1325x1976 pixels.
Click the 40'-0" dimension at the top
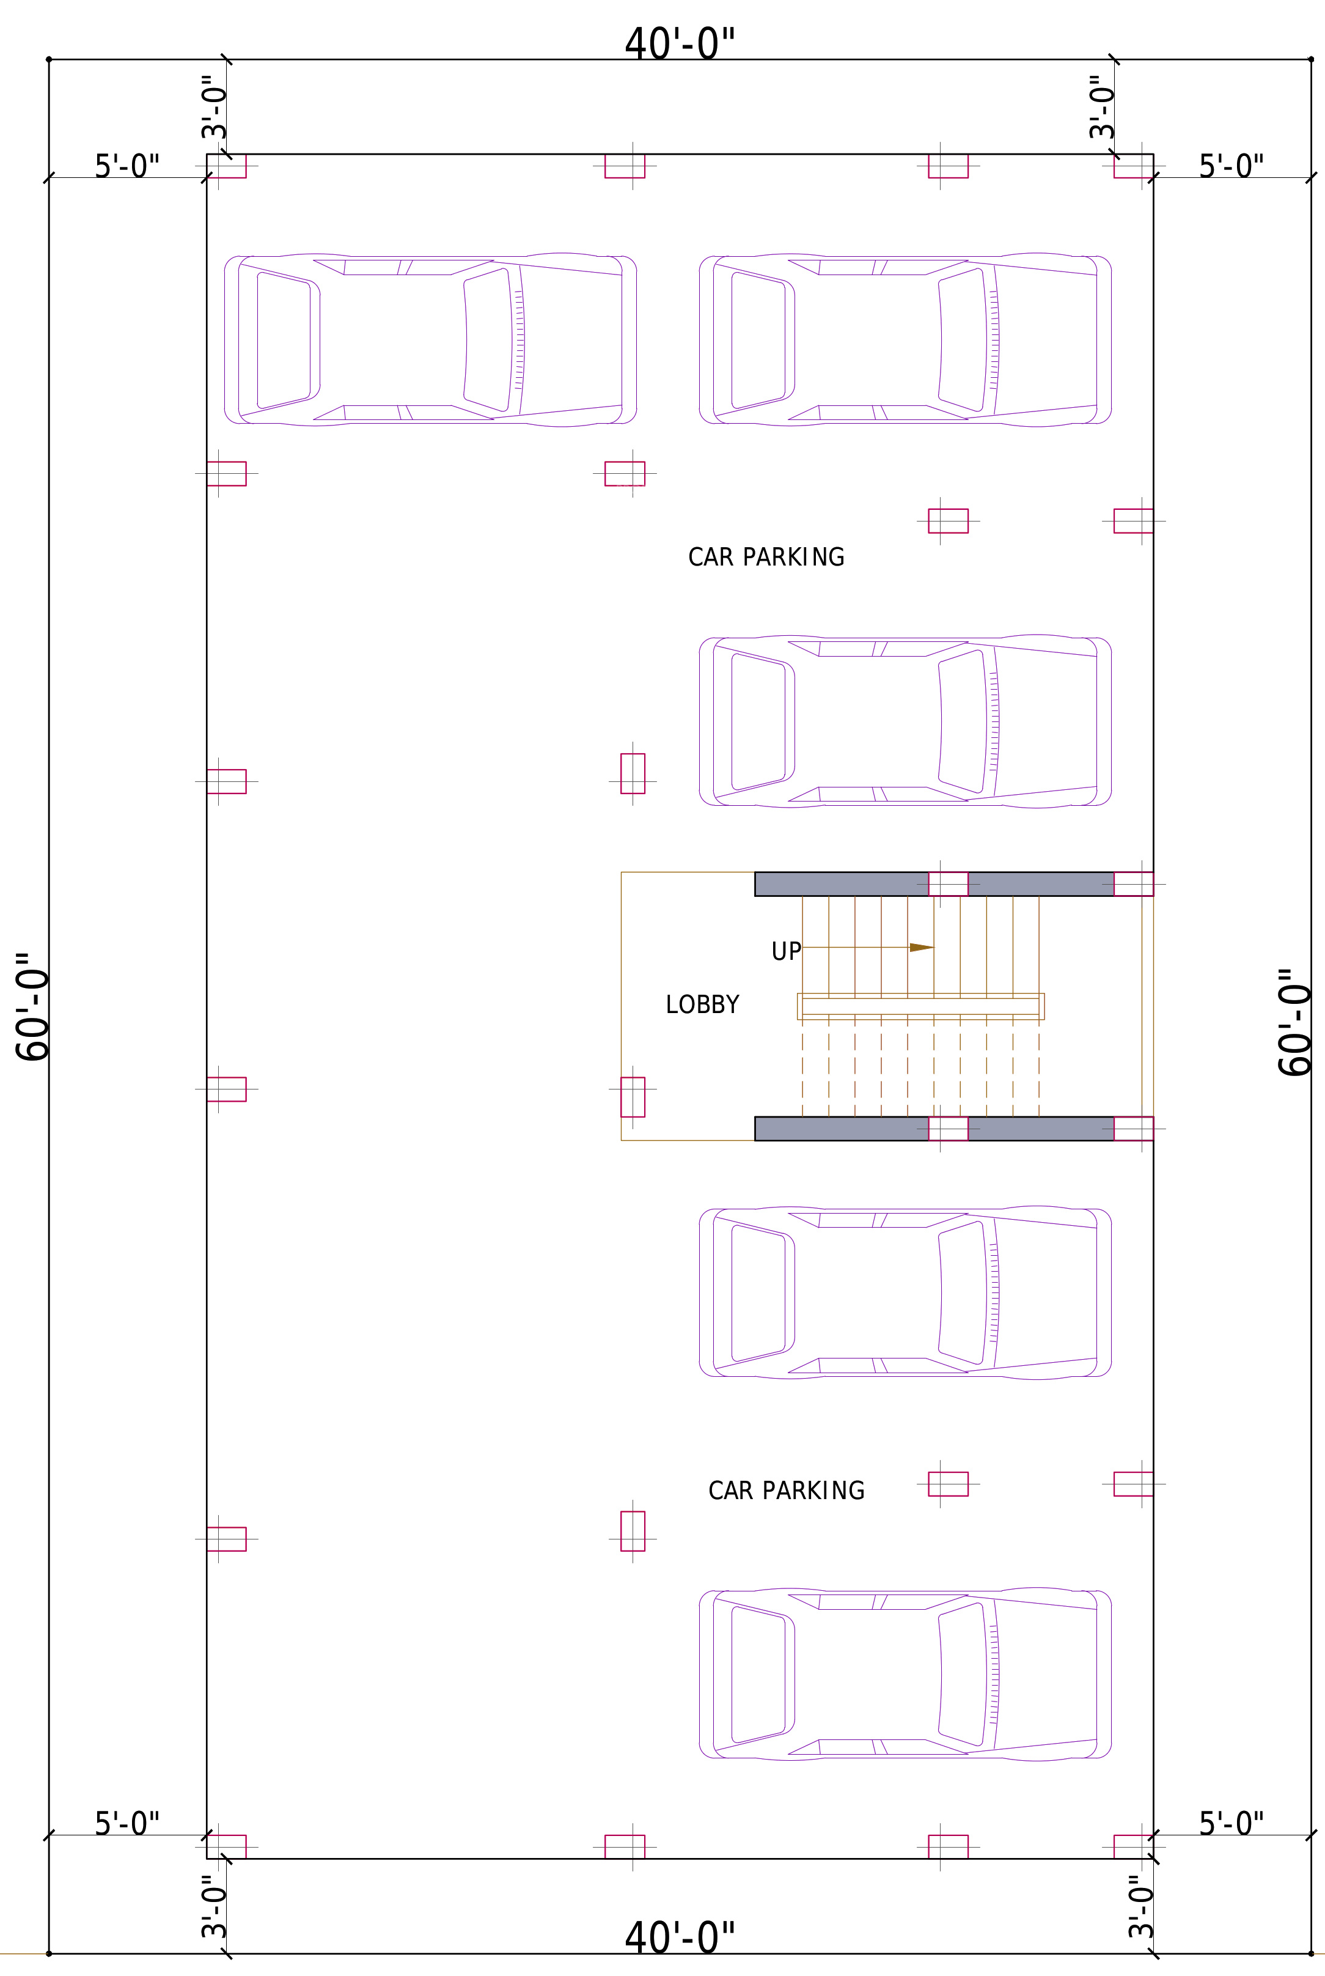[x=680, y=44]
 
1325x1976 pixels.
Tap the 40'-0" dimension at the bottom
[x=680, y=1937]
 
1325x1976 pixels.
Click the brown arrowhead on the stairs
[x=921, y=948]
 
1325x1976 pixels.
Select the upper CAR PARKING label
[x=766, y=557]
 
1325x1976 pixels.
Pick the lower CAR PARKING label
[x=786, y=1490]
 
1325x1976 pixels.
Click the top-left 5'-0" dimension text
[x=127, y=166]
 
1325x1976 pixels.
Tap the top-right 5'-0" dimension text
[x=1231, y=166]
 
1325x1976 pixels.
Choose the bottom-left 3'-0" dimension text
[x=214, y=1907]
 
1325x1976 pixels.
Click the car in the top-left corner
[x=430, y=339]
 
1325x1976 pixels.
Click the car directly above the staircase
[x=905, y=721]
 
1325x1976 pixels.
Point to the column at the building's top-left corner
[x=227, y=166]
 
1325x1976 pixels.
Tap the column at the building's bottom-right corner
[x=1133, y=1846]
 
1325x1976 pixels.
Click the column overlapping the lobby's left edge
[x=633, y=1097]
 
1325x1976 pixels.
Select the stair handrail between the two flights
[x=920, y=1006]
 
